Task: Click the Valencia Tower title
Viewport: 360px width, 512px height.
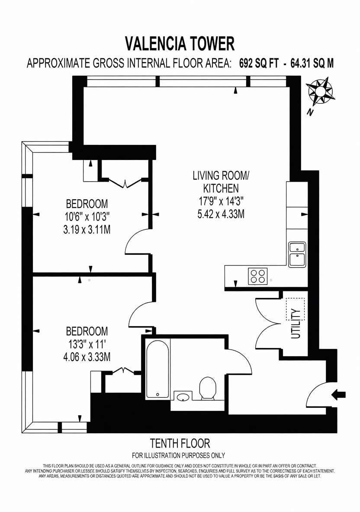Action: [x=180, y=43]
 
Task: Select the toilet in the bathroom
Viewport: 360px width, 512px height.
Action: [x=207, y=389]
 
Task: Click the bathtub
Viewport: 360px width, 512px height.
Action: [x=157, y=369]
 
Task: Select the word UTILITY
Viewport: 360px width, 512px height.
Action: [x=296, y=323]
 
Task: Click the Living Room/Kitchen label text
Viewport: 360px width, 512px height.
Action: [x=221, y=182]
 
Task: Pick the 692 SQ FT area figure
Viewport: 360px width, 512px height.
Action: [x=259, y=63]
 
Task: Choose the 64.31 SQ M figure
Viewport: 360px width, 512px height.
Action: [x=312, y=63]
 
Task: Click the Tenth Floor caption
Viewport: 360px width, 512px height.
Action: [x=180, y=443]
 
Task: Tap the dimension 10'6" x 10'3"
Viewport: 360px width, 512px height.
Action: [x=87, y=217]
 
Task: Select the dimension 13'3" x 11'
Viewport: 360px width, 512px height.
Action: [x=87, y=344]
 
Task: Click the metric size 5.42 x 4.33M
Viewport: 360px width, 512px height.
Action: [x=221, y=214]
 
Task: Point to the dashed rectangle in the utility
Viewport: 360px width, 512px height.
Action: [x=295, y=309]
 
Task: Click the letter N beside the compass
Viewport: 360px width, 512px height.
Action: [x=310, y=113]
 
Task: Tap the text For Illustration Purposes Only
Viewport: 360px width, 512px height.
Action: [x=178, y=455]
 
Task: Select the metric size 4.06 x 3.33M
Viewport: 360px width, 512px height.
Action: [x=87, y=357]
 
